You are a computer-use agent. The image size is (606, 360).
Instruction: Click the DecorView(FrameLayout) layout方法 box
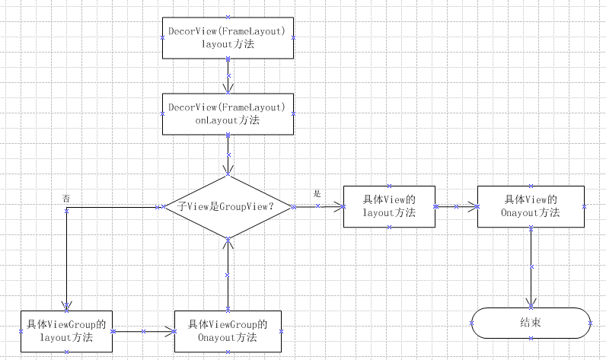[228, 37]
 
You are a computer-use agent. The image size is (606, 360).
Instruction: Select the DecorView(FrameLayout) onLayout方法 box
[228, 113]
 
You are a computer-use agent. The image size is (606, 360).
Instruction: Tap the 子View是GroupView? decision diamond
[228, 206]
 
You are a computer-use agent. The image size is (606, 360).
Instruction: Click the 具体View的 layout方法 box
[389, 206]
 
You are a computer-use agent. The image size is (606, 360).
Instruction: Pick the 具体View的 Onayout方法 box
[531, 206]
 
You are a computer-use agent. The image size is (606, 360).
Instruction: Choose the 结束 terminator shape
[531, 323]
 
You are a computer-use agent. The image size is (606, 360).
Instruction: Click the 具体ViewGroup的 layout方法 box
[66, 331]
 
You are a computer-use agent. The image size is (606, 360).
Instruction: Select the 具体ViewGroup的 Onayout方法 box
[228, 331]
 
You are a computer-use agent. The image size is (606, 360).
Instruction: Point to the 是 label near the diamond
[317, 195]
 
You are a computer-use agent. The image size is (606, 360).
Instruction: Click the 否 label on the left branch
[67, 198]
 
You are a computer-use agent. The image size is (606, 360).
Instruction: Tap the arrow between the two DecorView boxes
[228, 75]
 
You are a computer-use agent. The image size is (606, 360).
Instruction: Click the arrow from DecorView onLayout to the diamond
[228, 155]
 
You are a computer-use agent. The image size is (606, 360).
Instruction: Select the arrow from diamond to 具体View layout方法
[318, 206]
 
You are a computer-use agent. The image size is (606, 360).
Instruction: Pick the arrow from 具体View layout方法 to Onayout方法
[456, 206]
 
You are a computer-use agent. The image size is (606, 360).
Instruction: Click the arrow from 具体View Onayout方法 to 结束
[531, 266]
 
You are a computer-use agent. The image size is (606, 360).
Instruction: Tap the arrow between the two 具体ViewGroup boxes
[143, 331]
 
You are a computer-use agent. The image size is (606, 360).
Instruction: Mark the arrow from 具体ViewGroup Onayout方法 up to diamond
[228, 274]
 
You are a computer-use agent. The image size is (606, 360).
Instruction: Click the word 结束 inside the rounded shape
[531, 323]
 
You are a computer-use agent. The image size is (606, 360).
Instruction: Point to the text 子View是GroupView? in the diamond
[225, 206]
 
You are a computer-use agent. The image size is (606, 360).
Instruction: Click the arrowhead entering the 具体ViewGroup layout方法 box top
[67, 306]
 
